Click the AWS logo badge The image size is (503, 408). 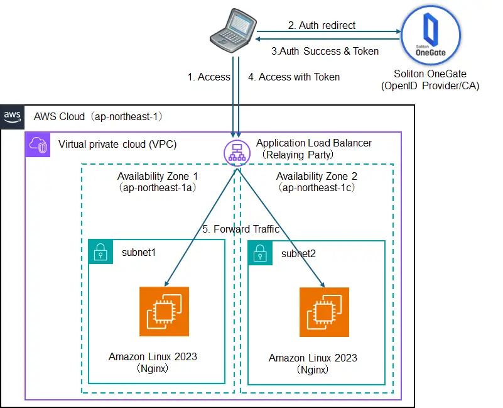[x=13, y=116]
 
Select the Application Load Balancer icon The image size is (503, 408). [x=235, y=152]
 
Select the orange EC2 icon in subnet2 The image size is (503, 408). [x=324, y=312]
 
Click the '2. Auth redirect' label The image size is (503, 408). [x=322, y=26]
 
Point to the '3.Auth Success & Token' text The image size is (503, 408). [x=325, y=52]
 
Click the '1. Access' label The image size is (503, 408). [x=208, y=77]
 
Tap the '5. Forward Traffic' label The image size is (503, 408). [x=241, y=229]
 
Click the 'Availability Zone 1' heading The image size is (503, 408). [x=157, y=176]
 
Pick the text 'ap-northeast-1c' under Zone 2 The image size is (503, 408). [x=316, y=188]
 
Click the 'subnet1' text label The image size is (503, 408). [x=139, y=251]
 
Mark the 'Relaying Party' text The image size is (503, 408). [x=298, y=154]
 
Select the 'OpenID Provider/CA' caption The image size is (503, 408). [x=430, y=86]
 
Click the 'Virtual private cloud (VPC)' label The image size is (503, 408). [x=117, y=144]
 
